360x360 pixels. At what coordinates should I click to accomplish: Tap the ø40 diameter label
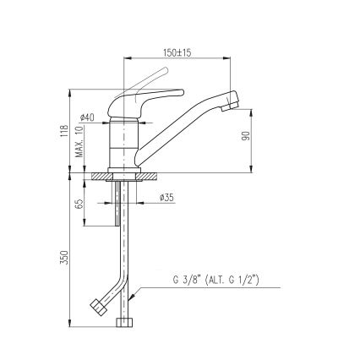[88, 117]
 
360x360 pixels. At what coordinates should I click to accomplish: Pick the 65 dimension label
[80, 203]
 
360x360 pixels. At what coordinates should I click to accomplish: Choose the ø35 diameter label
[166, 199]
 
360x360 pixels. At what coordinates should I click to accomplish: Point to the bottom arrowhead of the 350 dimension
[68, 327]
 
